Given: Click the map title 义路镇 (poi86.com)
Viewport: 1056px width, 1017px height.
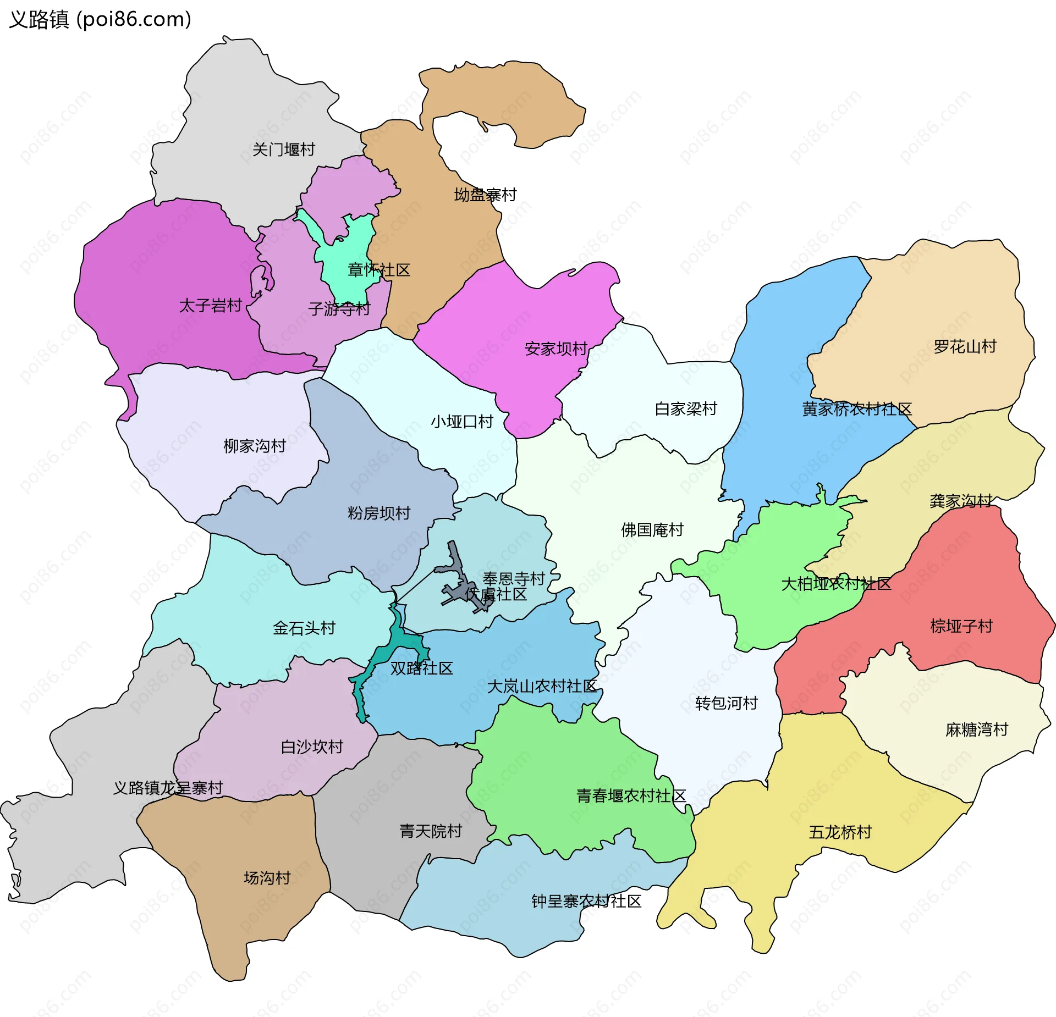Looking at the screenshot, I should pyautogui.click(x=100, y=20).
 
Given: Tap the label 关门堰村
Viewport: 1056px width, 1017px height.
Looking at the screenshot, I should pyautogui.click(x=283, y=150).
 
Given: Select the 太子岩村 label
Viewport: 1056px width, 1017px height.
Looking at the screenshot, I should pyautogui.click(x=211, y=306).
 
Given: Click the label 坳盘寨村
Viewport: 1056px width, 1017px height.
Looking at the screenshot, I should pyautogui.click(x=485, y=195).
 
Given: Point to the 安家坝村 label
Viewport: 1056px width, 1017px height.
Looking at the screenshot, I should pyautogui.click(x=556, y=349).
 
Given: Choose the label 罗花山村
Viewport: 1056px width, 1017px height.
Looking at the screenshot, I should pyautogui.click(x=965, y=347).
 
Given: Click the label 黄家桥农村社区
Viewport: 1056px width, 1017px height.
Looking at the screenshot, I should pyautogui.click(x=856, y=409).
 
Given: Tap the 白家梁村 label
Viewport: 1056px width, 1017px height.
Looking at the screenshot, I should pyautogui.click(x=686, y=409).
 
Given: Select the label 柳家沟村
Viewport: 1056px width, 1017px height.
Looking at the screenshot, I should pyautogui.click(x=255, y=446).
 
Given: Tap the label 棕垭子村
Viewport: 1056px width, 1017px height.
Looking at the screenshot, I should pyautogui.click(x=961, y=626).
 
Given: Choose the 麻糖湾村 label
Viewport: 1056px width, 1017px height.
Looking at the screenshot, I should pyautogui.click(x=977, y=730).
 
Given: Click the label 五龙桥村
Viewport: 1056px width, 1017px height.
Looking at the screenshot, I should pyautogui.click(x=840, y=832).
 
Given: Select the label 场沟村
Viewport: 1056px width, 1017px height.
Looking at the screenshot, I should pyautogui.click(x=267, y=878).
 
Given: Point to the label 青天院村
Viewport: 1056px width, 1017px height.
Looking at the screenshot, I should pyautogui.click(x=431, y=831).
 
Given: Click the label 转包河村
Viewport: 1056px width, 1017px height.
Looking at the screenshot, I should pyautogui.click(x=726, y=703).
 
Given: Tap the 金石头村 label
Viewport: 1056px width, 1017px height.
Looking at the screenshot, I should pyautogui.click(x=304, y=628).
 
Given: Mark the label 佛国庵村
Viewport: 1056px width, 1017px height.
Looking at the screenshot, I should pyautogui.click(x=652, y=530).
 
